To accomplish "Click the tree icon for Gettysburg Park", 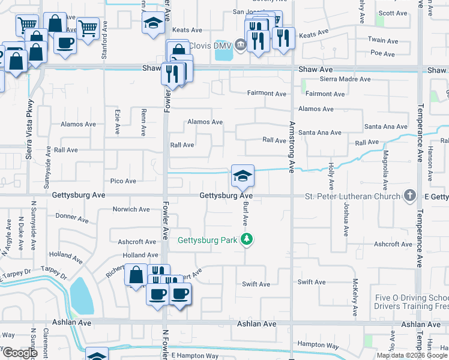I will (x=246, y=241).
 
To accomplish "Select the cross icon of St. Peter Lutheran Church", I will (x=409, y=196).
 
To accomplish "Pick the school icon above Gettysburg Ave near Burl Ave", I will (x=243, y=176).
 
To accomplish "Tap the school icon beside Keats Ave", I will (x=153, y=25).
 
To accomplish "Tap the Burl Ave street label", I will (x=246, y=214).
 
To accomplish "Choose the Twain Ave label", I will (x=384, y=41).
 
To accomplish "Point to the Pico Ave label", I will (x=123, y=181).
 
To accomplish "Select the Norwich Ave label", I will (x=131, y=209).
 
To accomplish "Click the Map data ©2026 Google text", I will (x=412, y=355).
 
